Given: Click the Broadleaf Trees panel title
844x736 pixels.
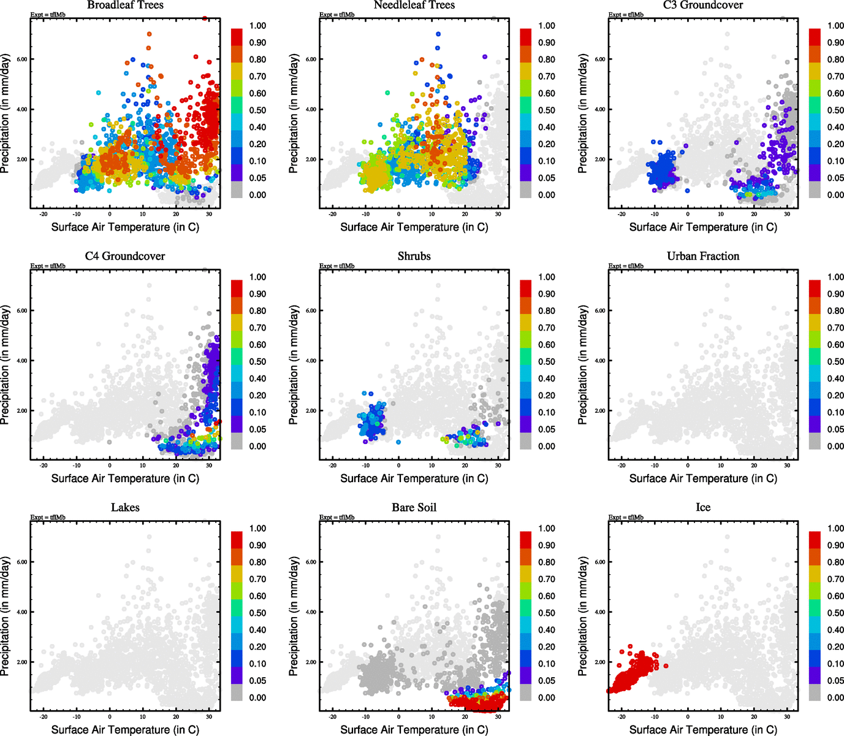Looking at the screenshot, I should click(125, 5).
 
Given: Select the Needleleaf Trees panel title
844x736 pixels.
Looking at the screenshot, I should click(414, 5).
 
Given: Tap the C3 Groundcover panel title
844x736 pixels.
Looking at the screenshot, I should click(703, 5).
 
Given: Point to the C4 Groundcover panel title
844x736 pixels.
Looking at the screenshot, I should click(125, 256).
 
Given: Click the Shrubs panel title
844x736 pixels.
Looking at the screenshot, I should click(414, 256).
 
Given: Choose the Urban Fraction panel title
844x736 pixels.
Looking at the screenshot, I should click(703, 256).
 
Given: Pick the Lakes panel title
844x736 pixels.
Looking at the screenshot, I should click(125, 508).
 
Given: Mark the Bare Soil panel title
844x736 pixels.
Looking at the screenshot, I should click(414, 508).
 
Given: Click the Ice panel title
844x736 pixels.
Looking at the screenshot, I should click(703, 508).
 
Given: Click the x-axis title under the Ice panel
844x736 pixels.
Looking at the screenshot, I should click(703, 729).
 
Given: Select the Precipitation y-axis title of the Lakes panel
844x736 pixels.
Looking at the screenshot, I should click(6, 616).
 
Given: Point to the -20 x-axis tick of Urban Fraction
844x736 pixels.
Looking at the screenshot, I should click(622, 466).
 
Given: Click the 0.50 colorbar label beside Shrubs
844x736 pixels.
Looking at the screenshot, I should click(547, 362).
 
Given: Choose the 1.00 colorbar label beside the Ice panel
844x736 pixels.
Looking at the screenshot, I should click(835, 528).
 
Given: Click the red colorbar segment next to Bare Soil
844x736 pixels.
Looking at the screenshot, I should click(526, 540).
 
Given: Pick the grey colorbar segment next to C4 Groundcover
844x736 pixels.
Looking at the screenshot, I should click(237, 441).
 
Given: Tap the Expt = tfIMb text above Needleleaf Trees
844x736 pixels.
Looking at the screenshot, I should click(336, 15).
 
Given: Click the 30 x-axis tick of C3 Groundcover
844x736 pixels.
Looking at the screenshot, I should click(787, 214).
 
